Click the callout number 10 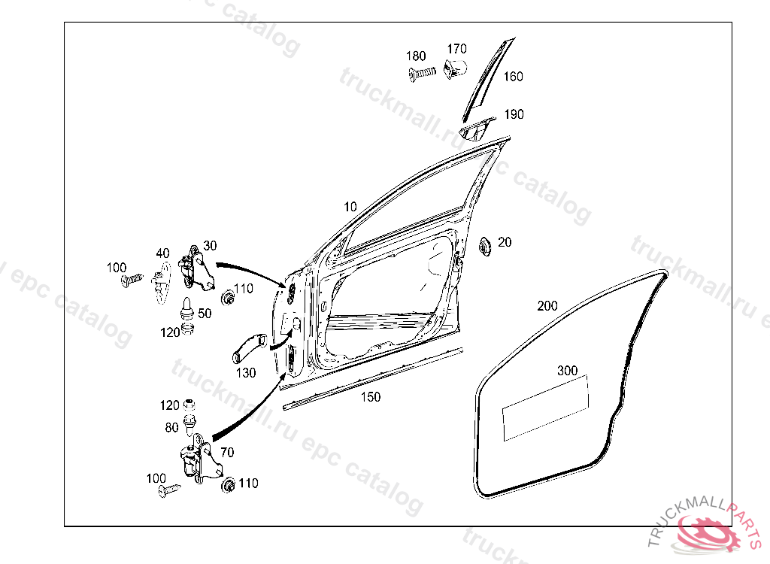point(350,207)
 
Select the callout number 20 point(505,242)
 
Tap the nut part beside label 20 point(484,246)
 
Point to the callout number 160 point(514,77)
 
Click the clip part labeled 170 point(454,68)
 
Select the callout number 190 point(514,114)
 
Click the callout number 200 point(547,306)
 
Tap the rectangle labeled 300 point(545,407)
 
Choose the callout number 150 point(371,397)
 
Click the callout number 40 point(163,253)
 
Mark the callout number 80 point(172,427)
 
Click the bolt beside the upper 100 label point(132,280)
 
